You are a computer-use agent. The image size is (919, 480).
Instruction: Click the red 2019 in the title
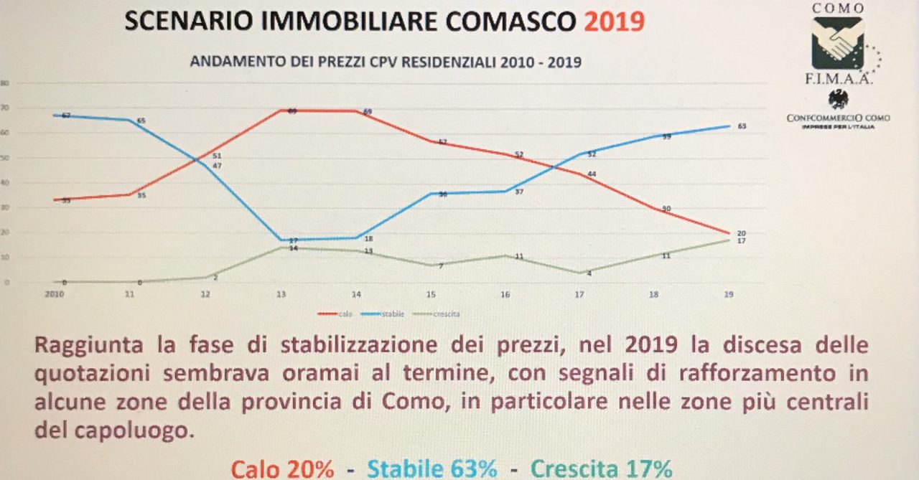613,22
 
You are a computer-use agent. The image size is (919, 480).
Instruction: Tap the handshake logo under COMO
837,42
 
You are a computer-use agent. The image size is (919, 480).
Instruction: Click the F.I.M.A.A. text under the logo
838,80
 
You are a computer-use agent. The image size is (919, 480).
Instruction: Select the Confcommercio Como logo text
838,117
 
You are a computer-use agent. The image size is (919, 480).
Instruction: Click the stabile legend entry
388,314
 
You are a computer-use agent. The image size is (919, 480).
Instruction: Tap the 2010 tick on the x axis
55,294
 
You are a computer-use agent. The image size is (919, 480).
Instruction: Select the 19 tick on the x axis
729,294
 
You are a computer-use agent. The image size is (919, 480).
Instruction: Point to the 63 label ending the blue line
742,126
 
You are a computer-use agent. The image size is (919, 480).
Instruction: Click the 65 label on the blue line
141,121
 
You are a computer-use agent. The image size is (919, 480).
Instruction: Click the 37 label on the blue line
520,192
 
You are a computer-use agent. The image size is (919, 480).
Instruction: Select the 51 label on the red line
217,156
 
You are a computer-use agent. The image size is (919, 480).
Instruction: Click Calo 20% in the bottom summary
282,469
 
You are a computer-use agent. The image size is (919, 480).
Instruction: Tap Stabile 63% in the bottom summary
432,469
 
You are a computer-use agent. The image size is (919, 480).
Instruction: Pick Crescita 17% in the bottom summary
602,469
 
